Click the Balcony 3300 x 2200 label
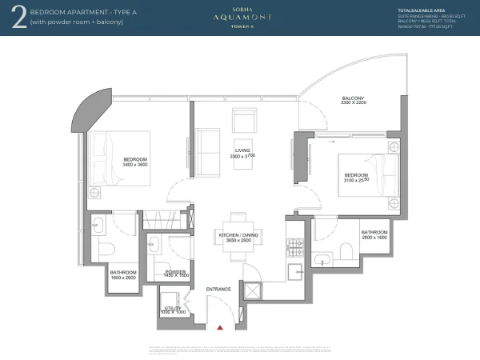click(352, 100)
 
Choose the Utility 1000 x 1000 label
click(174, 310)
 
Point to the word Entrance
click(218, 289)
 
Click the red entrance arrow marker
click(219, 326)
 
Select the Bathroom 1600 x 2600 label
click(123, 275)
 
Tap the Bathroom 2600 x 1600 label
click(374, 234)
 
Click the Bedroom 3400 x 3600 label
click(136, 162)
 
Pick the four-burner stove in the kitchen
click(293, 246)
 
